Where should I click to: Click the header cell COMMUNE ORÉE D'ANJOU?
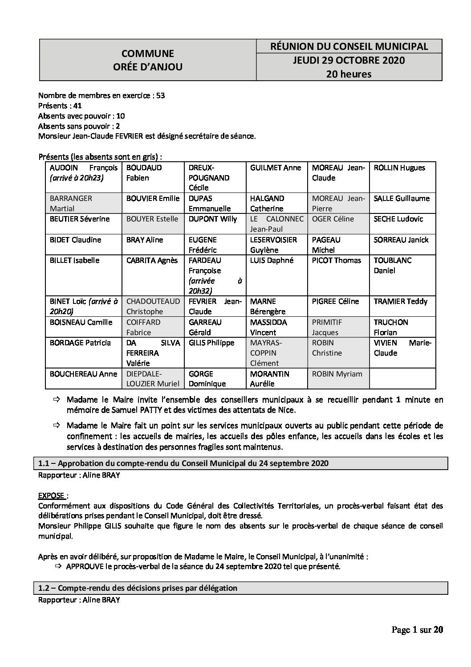tap(148, 60)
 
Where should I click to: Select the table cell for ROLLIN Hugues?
tap(399, 168)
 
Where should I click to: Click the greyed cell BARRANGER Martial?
tap(83, 203)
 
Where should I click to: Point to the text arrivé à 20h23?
tap(77, 178)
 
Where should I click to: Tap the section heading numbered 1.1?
tap(183, 463)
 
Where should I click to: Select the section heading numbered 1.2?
tap(138, 588)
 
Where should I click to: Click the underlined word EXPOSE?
tap(53, 495)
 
